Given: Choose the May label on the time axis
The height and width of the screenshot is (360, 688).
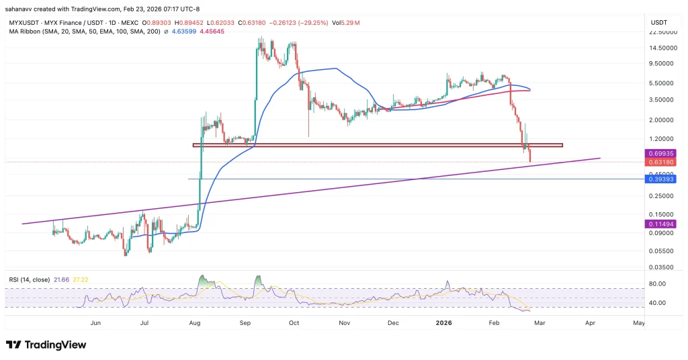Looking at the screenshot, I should point(638,323).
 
